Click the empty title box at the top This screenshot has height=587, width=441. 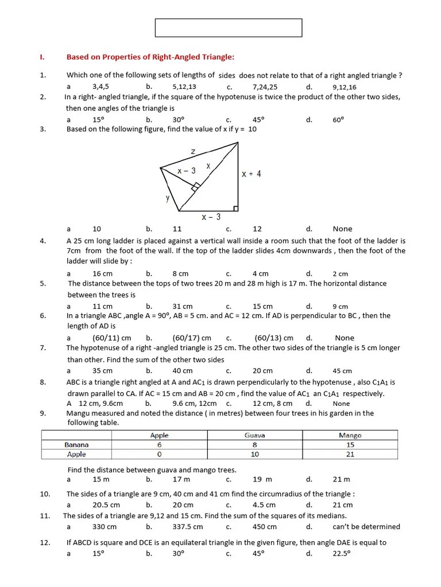[228, 28]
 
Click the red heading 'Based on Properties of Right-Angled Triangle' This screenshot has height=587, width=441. [150, 57]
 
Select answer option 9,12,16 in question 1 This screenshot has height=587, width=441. [344, 87]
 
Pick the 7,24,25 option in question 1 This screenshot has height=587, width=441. [265, 87]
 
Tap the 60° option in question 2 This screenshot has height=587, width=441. [338, 120]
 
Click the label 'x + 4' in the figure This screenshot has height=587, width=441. [252, 174]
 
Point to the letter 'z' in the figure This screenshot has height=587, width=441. [193, 151]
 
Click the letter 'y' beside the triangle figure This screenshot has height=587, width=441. [168, 198]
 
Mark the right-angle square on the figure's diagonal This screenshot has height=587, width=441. [196, 186]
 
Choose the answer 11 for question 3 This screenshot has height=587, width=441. [177, 229]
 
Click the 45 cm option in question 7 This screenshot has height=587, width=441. [342, 371]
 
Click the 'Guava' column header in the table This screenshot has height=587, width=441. [254, 436]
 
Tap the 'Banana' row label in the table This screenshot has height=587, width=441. [76, 445]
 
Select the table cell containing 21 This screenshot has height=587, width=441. [350, 454]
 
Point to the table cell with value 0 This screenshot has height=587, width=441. [159, 454]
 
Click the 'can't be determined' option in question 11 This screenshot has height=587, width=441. [366, 527]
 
